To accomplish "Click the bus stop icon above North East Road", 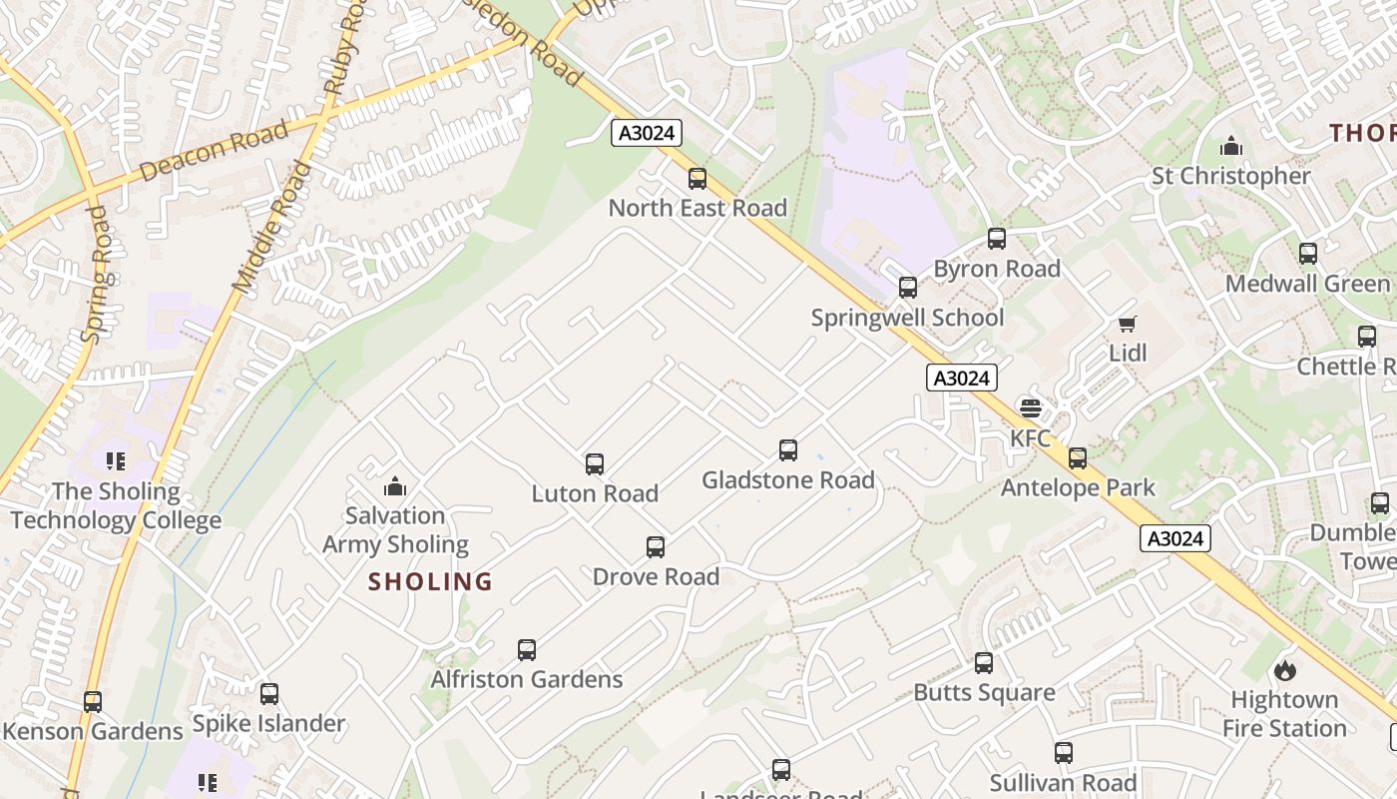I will [698, 179].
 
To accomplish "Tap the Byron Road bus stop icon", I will [997, 239].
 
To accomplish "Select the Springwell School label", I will [907, 318].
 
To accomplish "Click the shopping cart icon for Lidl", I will [1128, 324].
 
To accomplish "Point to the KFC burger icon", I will [1031, 407].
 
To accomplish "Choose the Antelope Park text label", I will [1078, 487].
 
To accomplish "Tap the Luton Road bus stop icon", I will [595, 463].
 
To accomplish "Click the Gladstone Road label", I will [788, 480].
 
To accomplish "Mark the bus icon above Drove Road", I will [656, 547].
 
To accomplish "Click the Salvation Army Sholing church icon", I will [395, 486].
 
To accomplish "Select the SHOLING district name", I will [431, 581].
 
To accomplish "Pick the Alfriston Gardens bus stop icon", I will [527, 650].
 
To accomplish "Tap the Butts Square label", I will [984, 692].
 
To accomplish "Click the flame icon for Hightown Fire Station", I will [1284, 669].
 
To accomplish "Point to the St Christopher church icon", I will [1231, 147].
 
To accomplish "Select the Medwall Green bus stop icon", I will [1308, 254].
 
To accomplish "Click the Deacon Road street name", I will [214, 151].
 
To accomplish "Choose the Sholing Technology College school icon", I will [116, 461].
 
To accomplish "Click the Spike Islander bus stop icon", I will [269, 694].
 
